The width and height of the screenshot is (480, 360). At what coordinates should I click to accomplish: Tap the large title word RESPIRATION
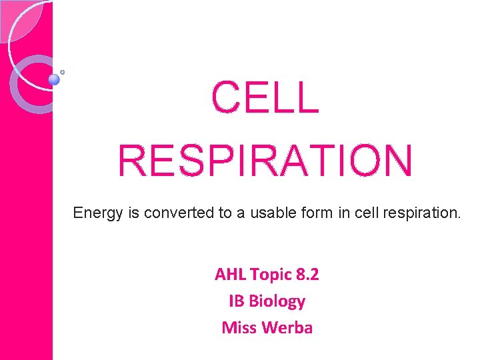[x=265, y=161]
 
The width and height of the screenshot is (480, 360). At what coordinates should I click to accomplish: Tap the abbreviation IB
[x=237, y=301]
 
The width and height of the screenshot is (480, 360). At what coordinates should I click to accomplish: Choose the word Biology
[x=277, y=301]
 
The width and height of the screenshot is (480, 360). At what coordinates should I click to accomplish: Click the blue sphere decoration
[x=54, y=79]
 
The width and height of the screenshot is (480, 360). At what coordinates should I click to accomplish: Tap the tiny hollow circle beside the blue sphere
[x=63, y=71]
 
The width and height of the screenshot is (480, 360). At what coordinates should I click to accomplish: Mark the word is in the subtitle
[x=131, y=213]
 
